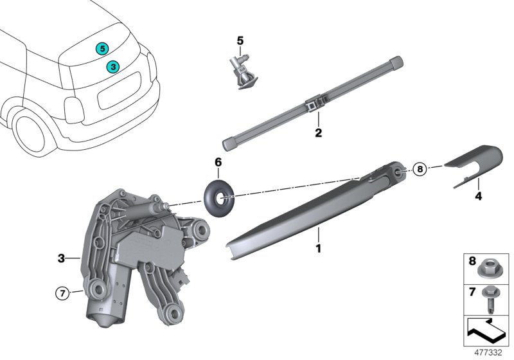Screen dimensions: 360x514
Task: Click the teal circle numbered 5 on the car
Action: pos(102,48)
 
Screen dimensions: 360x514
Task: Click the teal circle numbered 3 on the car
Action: pos(112,66)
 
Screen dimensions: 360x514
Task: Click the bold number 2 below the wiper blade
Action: pos(317,134)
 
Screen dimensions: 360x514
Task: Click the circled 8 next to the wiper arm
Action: pos(419,170)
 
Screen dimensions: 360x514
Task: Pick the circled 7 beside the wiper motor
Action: pos(62,294)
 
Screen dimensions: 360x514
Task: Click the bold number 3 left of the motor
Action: pos(61,258)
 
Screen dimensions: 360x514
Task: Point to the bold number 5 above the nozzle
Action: pos(240,41)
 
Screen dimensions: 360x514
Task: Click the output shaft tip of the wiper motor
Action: pos(168,206)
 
